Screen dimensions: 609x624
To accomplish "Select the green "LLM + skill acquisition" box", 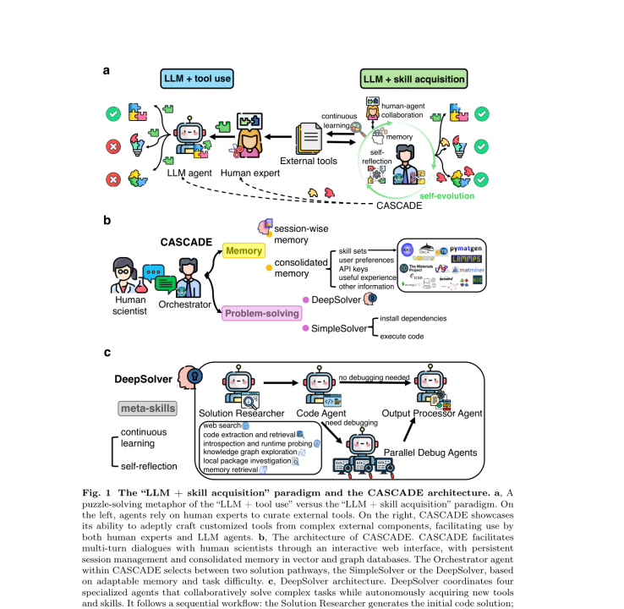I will [x=413, y=79].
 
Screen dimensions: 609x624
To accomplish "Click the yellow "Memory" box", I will [x=245, y=251].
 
